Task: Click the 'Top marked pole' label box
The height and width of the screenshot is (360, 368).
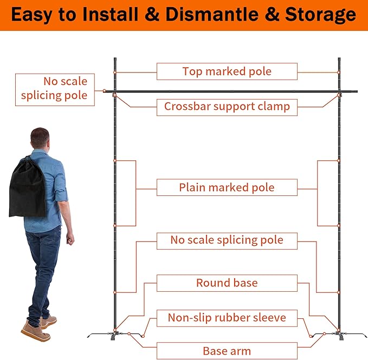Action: (227, 71)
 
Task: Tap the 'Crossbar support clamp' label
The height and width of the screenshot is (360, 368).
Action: (227, 107)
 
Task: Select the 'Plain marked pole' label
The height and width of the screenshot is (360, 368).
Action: (227, 187)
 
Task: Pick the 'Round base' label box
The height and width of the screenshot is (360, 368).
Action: (227, 283)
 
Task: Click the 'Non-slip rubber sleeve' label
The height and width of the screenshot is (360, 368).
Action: (227, 318)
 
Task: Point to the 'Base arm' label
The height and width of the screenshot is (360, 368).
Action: (227, 351)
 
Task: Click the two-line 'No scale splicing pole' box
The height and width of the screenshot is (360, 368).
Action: (55, 90)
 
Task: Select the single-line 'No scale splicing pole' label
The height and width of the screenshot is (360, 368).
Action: (227, 241)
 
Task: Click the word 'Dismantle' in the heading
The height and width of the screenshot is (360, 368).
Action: (212, 15)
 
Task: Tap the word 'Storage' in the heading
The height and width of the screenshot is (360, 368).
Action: (320, 15)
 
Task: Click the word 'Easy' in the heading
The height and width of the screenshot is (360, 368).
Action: (31, 15)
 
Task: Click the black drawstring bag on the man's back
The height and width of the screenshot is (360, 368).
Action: (27, 186)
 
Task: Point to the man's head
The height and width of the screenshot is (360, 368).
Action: (40, 138)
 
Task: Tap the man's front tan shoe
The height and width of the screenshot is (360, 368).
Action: (36, 331)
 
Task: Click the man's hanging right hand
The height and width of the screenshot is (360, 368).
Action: (70, 238)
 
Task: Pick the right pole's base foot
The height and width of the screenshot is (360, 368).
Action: (340, 336)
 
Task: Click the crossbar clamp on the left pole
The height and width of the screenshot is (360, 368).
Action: (114, 95)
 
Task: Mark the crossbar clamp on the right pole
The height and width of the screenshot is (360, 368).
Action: (339, 95)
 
